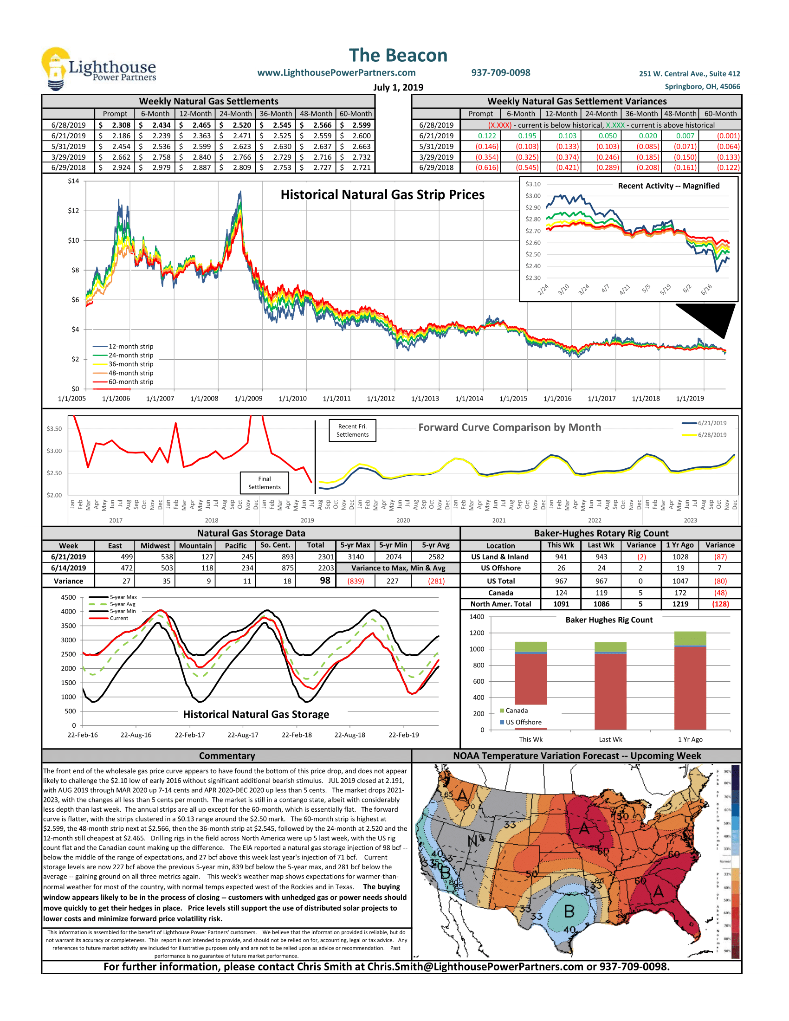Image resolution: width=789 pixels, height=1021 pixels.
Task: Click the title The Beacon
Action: click(398, 55)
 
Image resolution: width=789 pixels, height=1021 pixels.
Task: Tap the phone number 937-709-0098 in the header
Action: click(501, 72)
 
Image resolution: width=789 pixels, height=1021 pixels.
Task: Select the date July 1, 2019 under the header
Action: click(398, 87)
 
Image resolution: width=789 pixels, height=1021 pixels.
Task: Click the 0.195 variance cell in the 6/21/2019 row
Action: click(527, 136)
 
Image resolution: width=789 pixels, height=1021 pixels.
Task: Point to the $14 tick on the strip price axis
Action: click(73, 181)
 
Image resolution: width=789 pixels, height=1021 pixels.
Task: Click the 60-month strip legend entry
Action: click(130, 382)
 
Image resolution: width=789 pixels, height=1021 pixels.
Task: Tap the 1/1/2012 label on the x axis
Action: click(381, 399)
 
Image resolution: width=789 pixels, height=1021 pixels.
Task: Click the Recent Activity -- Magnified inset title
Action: click(668, 186)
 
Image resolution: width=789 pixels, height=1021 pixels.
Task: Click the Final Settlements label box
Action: click(265, 483)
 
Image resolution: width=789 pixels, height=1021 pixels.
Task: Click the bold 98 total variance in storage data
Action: click(325, 581)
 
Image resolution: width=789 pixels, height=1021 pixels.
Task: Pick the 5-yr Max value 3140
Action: click(356, 557)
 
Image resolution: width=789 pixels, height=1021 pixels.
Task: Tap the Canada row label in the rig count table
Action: click(501, 593)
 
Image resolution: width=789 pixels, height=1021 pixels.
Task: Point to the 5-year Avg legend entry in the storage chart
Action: click(123, 604)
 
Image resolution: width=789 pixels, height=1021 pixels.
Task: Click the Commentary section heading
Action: click(226, 756)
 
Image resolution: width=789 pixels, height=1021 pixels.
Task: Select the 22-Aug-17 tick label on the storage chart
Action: click(243, 735)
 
